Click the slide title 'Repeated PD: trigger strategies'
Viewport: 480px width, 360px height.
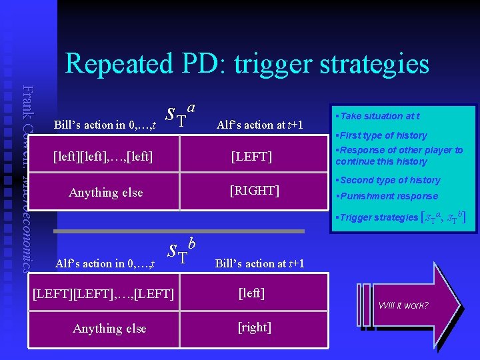247,63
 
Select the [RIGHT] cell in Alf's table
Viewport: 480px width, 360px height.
254,191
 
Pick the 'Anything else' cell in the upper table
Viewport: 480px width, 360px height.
105,193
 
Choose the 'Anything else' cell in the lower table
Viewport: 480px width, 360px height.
109,328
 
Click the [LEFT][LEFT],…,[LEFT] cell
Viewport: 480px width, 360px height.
103,294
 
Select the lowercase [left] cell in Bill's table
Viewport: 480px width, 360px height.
252,293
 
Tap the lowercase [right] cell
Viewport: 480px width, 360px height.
253,327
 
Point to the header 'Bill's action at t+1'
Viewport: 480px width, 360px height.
259,263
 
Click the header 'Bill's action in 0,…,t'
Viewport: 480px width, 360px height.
105,125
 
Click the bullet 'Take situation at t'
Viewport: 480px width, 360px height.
379,116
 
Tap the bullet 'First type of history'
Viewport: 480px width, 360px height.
383,135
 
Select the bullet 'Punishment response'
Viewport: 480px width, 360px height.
388,196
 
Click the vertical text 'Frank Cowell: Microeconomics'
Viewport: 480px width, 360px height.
27,173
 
